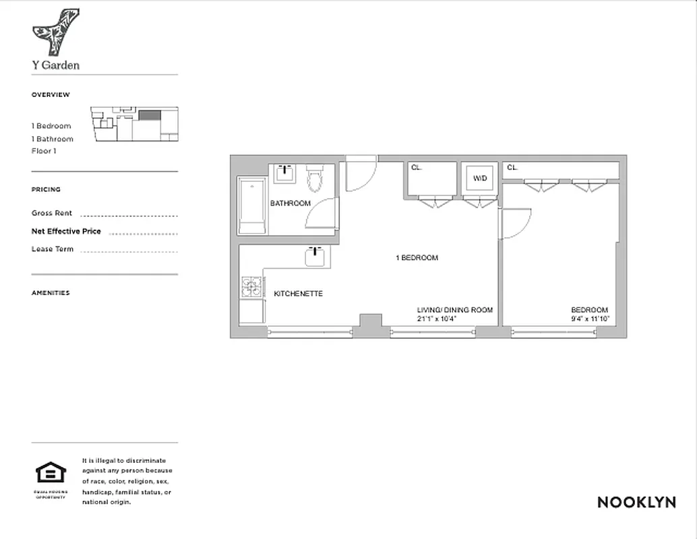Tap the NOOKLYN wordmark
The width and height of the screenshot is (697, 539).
[636, 502]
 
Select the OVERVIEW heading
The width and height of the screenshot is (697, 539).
[51, 95]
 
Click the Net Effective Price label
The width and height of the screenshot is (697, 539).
[66, 231]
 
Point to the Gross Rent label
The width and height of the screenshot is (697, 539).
[52, 213]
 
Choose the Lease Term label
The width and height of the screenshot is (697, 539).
[53, 249]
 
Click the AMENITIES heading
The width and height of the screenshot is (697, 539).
[51, 293]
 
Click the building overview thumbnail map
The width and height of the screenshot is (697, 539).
[135, 124]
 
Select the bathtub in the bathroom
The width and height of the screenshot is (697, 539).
[252, 205]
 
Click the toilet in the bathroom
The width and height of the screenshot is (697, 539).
[315, 178]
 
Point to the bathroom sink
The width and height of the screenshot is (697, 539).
[284, 173]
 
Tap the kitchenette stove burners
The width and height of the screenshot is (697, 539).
[251, 288]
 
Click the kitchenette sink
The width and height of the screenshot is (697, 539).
[315, 256]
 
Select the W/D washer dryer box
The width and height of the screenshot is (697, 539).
[479, 179]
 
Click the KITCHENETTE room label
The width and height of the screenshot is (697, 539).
[298, 294]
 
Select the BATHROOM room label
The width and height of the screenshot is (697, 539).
[291, 203]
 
